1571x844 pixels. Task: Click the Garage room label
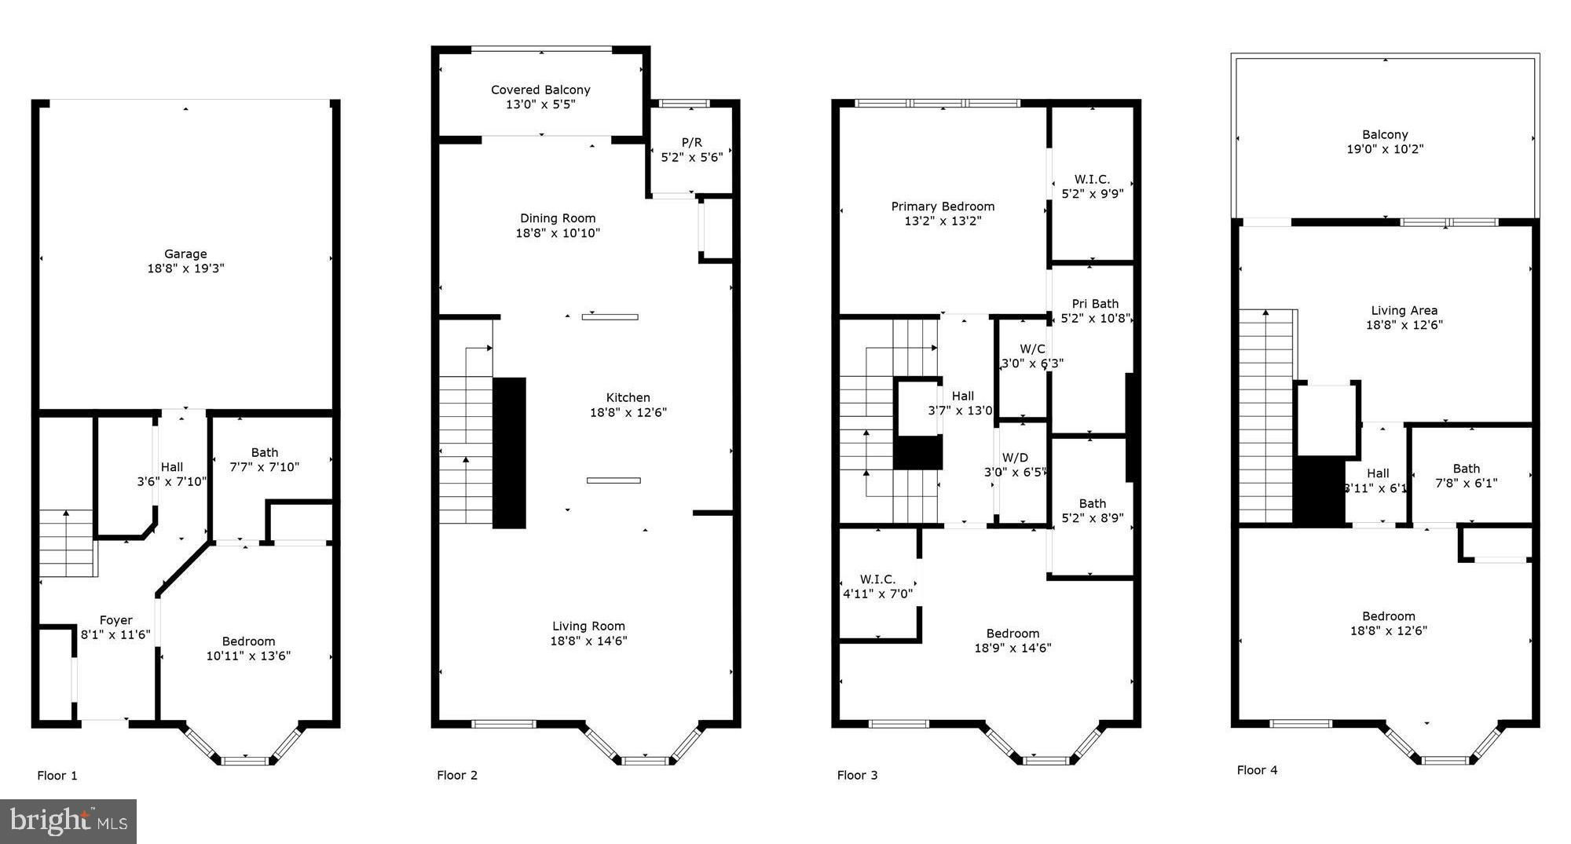click(x=185, y=254)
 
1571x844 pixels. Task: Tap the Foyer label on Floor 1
click(x=115, y=620)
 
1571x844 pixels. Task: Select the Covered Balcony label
click(x=540, y=90)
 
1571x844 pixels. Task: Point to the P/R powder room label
click(x=692, y=142)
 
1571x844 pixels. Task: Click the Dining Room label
click(x=558, y=218)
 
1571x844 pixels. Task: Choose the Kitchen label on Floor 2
click(x=628, y=397)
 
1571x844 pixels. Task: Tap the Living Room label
click(x=588, y=626)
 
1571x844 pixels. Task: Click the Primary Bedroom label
click(x=943, y=206)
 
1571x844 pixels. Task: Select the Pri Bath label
click(x=1095, y=304)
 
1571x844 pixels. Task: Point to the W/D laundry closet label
click(x=1015, y=458)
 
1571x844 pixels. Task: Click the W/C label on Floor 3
click(x=1032, y=349)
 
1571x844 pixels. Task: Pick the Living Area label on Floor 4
click(x=1404, y=310)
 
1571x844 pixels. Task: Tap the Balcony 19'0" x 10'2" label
click(x=1385, y=141)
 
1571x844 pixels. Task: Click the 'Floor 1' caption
click(x=57, y=776)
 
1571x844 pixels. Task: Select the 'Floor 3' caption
click(x=857, y=775)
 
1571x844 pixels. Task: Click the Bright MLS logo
click(x=68, y=821)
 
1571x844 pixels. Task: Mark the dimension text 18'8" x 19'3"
click(x=185, y=269)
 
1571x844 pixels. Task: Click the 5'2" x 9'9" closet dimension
click(x=1092, y=193)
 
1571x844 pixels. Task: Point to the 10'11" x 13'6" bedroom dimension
click(x=248, y=656)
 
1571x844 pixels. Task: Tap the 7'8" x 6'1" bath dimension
click(x=1466, y=483)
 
